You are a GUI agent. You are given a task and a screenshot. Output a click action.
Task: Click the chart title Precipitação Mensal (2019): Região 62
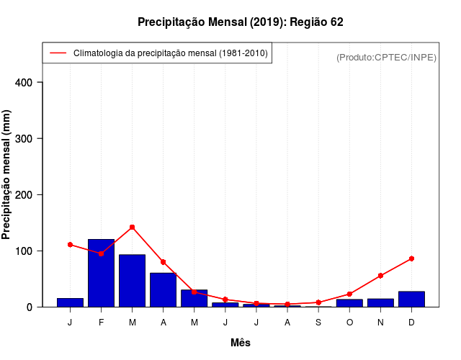pyautogui.click(x=241, y=22)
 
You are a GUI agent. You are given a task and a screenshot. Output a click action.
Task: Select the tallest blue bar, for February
pyautogui.click(x=101, y=273)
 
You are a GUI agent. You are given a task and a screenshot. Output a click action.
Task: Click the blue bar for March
pyautogui.click(x=132, y=281)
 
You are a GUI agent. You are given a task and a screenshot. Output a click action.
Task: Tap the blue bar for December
pyautogui.click(x=411, y=299)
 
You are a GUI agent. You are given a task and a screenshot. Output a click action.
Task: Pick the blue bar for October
pyautogui.click(x=349, y=303)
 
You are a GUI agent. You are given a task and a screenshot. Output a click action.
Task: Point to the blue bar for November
pyautogui.click(x=380, y=302)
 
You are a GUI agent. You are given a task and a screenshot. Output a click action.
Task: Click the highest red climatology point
pyautogui.click(x=132, y=227)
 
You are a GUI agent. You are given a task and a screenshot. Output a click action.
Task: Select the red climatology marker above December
pyautogui.click(x=411, y=258)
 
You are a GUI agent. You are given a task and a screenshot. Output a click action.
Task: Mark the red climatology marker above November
pyautogui.click(x=380, y=276)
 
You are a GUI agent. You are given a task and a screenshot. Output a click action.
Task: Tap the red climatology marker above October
pyautogui.click(x=349, y=294)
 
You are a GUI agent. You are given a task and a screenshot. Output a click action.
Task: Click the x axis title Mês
pyautogui.click(x=241, y=343)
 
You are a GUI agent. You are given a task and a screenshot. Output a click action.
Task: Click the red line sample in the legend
pyautogui.click(x=58, y=53)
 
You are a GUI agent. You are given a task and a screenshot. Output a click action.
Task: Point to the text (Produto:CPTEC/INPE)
pyautogui.click(x=387, y=57)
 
